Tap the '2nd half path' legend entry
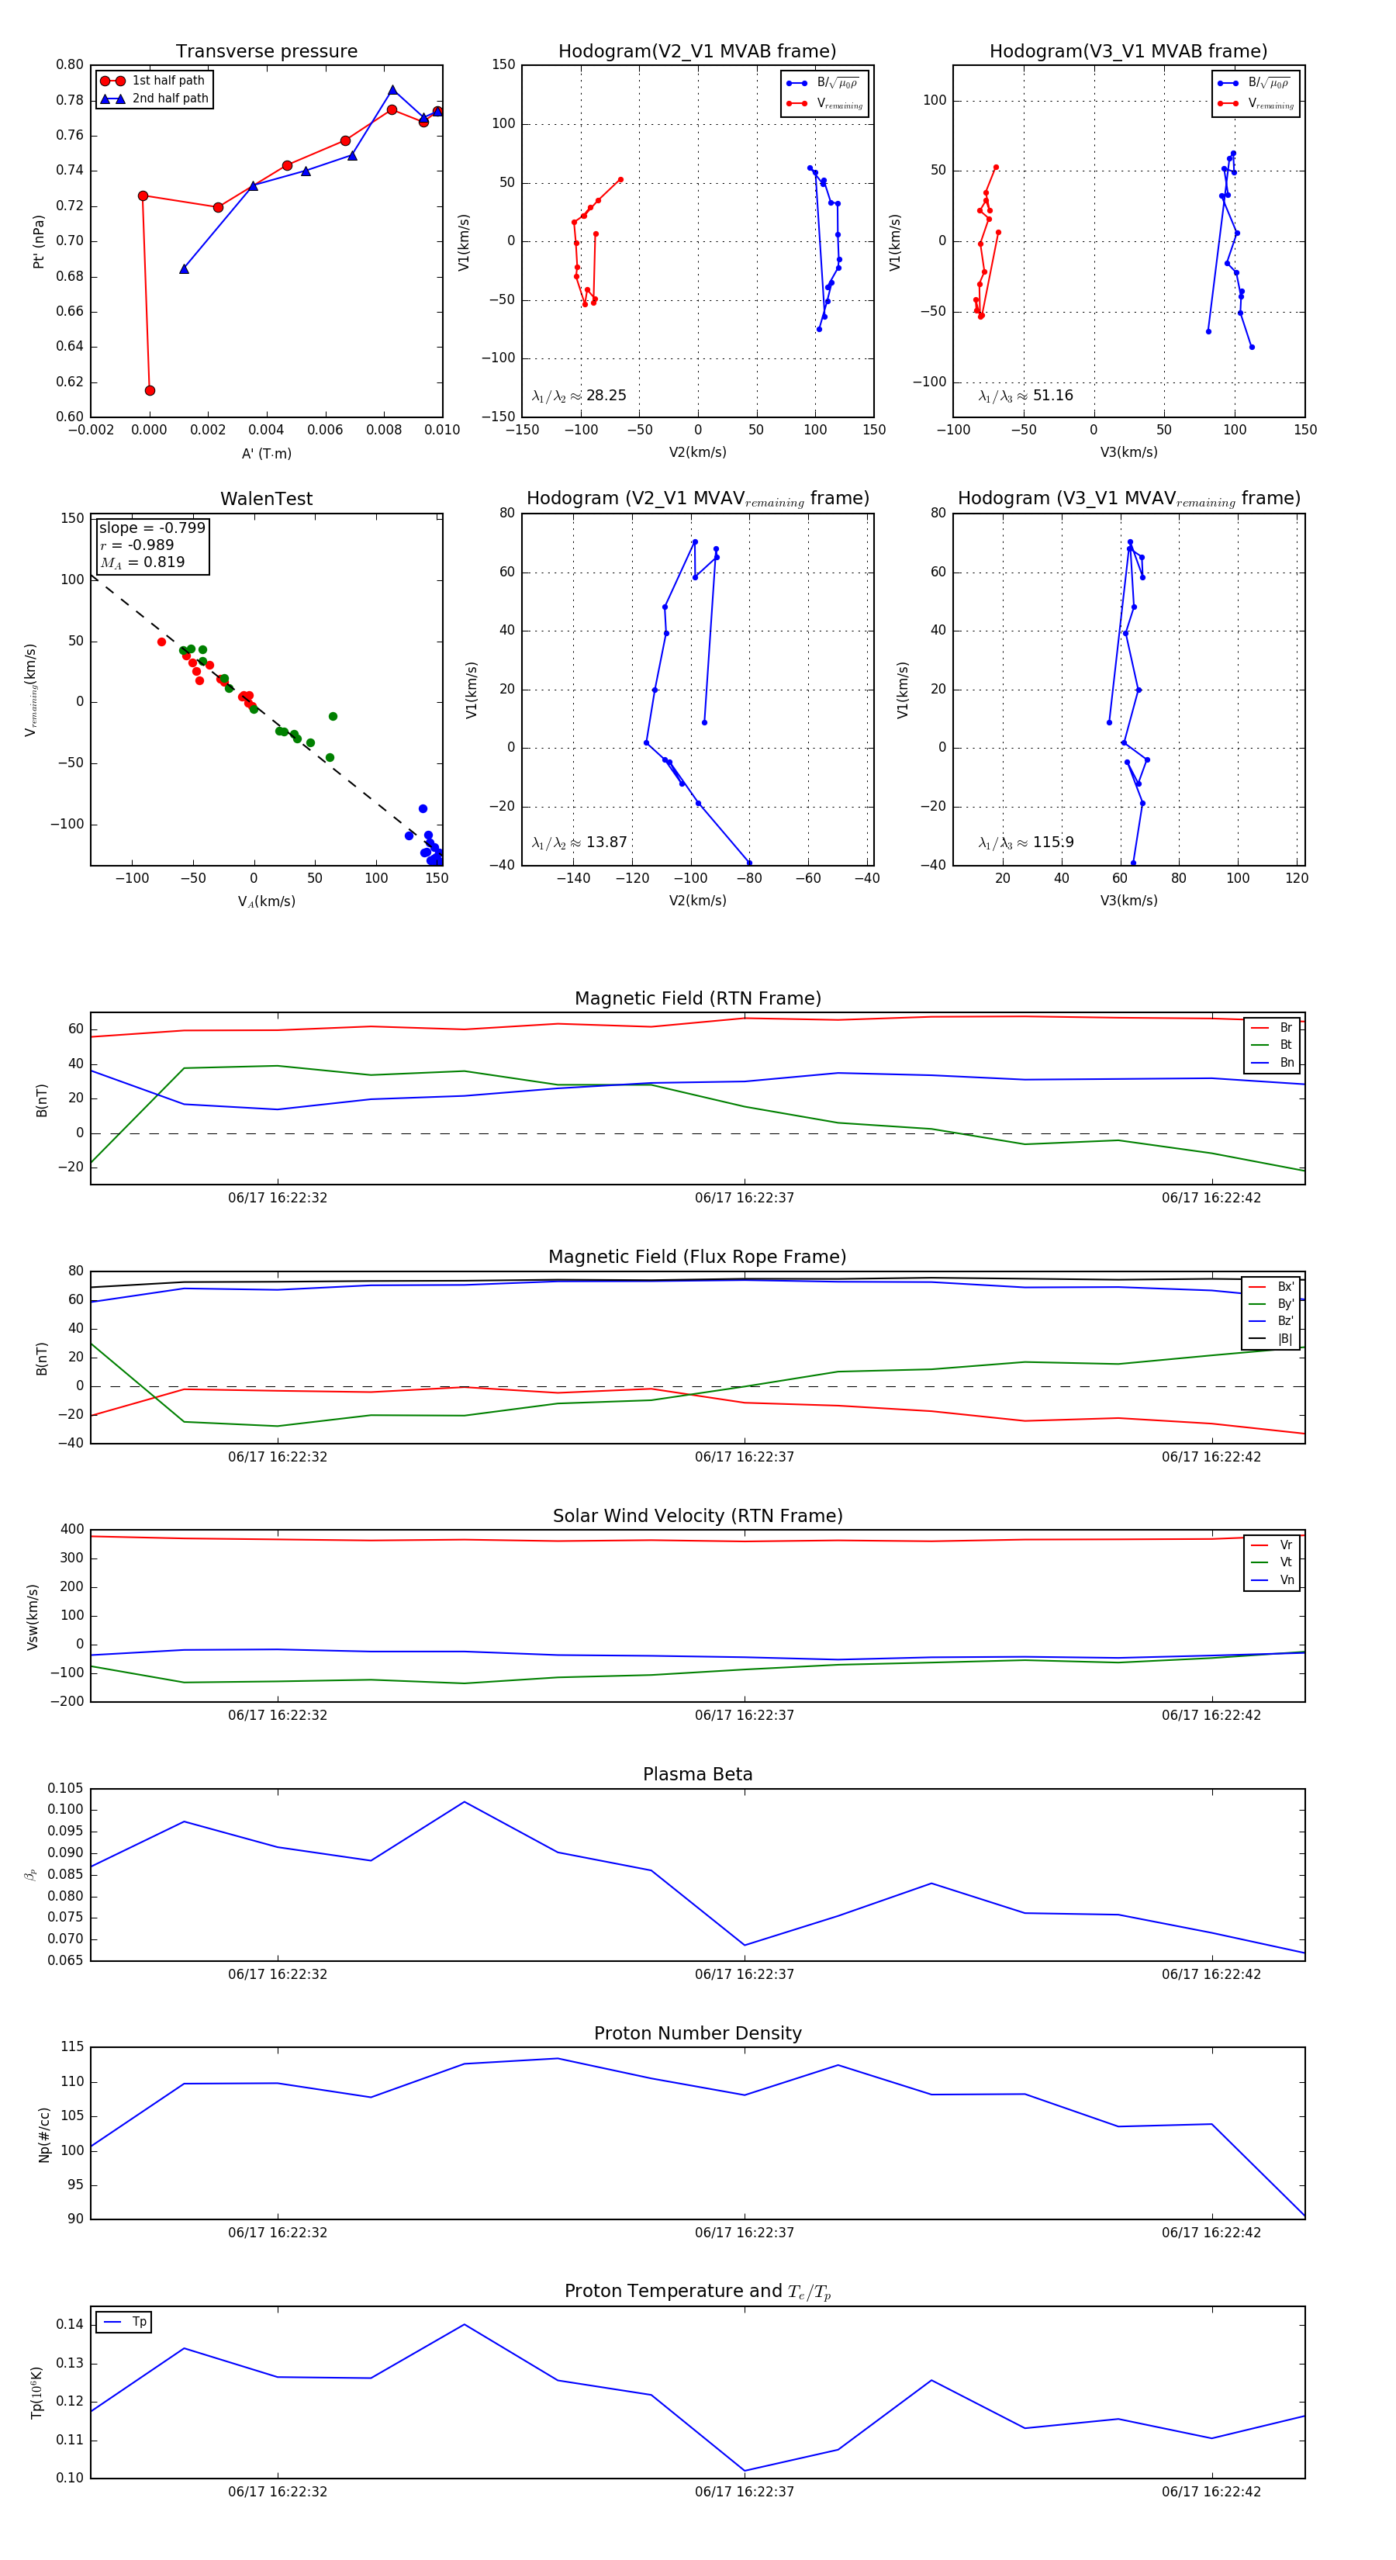tap(170, 99)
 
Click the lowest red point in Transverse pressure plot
tap(150, 390)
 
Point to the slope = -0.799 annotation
tap(152, 528)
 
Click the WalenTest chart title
tap(266, 499)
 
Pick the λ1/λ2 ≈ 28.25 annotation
tap(579, 396)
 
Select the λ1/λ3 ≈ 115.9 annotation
tap(1025, 842)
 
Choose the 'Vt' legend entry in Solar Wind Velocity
tap(1285, 1562)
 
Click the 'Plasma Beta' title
tap(697, 1775)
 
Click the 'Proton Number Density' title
tap(697, 2033)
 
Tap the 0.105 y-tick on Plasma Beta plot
tap(66, 1789)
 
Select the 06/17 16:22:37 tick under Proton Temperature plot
tap(745, 2492)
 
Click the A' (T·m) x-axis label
tap(266, 453)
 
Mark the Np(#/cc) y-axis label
tap(43, 2133)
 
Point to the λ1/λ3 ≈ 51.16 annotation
tap(1025, 396)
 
